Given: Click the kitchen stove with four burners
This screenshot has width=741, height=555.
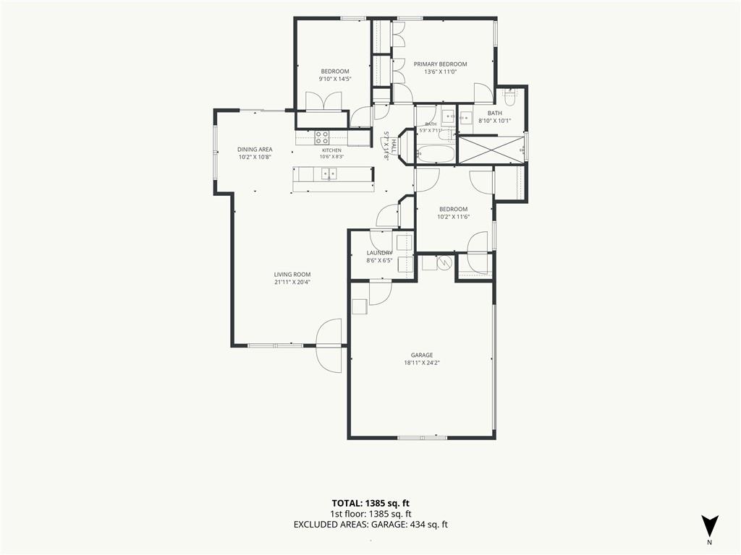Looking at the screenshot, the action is coord(322,137).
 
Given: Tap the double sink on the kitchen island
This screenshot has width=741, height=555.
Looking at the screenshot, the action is coord(329,173).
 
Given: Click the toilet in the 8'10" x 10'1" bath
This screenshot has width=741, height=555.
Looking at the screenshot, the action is coord(509,98).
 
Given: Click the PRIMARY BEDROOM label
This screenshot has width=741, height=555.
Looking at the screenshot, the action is coord(441,64).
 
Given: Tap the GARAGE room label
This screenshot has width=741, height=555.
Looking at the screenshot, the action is coord(422,356).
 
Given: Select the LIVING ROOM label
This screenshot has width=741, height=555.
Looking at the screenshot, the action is coord(292,274).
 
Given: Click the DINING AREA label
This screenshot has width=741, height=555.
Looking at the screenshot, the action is coord(255,149).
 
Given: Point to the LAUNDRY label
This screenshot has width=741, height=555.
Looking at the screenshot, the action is coord(379,253).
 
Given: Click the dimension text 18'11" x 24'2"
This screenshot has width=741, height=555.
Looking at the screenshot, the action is coord(422,363).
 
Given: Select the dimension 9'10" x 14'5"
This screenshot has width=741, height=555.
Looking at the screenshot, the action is coord(335,79).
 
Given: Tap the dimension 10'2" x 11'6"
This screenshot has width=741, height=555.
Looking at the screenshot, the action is coord(453,217).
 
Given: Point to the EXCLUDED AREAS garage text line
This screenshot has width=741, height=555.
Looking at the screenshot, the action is coord(370,525).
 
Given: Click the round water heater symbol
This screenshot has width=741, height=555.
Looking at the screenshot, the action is coord(445,262).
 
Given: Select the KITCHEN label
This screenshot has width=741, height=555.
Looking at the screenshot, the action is coord(331,150).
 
